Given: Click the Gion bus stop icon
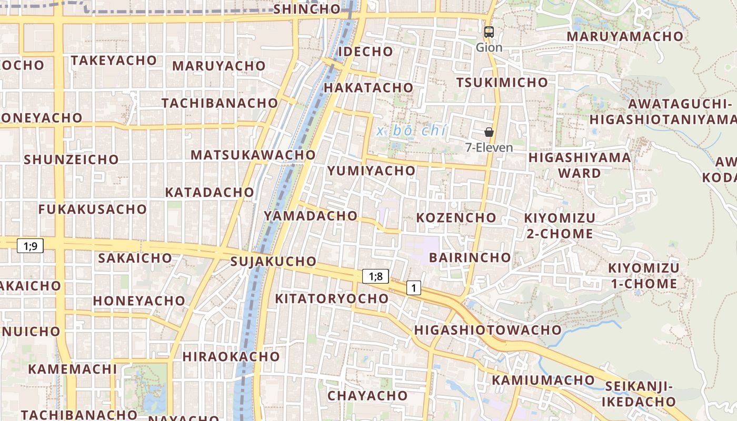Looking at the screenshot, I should [x=489, y=32].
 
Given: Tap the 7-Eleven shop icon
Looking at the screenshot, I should [x=489, y=132].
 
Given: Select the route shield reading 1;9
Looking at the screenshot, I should [x=30, y=245].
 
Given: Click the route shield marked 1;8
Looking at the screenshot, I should [x=375, y=276].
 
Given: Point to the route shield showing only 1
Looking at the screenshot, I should [x=414, y=288].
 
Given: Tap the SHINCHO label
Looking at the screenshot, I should [x=307, y=9].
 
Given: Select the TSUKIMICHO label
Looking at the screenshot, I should [x=502, y=83].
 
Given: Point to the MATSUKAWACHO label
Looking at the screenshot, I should [x=253, y=155].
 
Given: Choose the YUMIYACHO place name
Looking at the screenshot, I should [x=372, y=171].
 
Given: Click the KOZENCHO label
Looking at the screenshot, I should [x=456, y=218].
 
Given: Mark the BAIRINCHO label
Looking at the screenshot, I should [x=470, y=257].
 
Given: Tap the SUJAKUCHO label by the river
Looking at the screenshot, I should [x=273, y=262].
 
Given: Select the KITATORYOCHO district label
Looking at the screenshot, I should [x=332, y=299].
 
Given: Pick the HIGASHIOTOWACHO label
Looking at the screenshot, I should [x=488, y=330].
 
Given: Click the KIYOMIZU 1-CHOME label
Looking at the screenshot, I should [x=643, y=276].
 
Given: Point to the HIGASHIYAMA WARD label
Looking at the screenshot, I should [x=580, y=165].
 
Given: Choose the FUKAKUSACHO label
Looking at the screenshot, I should [x=88, y=209].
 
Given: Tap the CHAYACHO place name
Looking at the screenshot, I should [x=367, y=396].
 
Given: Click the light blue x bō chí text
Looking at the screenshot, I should [x=412, y=131].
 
